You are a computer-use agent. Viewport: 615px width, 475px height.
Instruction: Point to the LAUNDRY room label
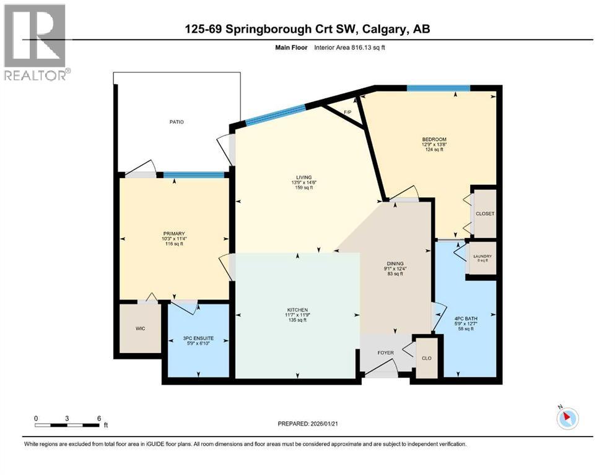point(482,257)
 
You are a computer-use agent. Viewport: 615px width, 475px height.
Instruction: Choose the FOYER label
point(386,353)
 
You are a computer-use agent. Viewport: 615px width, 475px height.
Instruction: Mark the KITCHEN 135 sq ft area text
point(298,320)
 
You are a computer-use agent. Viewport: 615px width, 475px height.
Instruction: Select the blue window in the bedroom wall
point(438,88)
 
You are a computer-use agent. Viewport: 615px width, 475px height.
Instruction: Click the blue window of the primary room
point(194,175)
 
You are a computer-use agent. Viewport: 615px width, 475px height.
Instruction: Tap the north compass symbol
point(567,418)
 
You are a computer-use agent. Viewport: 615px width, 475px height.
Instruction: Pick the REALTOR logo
point(35,42)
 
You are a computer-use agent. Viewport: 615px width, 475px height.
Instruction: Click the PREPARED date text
point(310,424)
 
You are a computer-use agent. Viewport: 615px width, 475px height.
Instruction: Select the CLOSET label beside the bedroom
point(485,213)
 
